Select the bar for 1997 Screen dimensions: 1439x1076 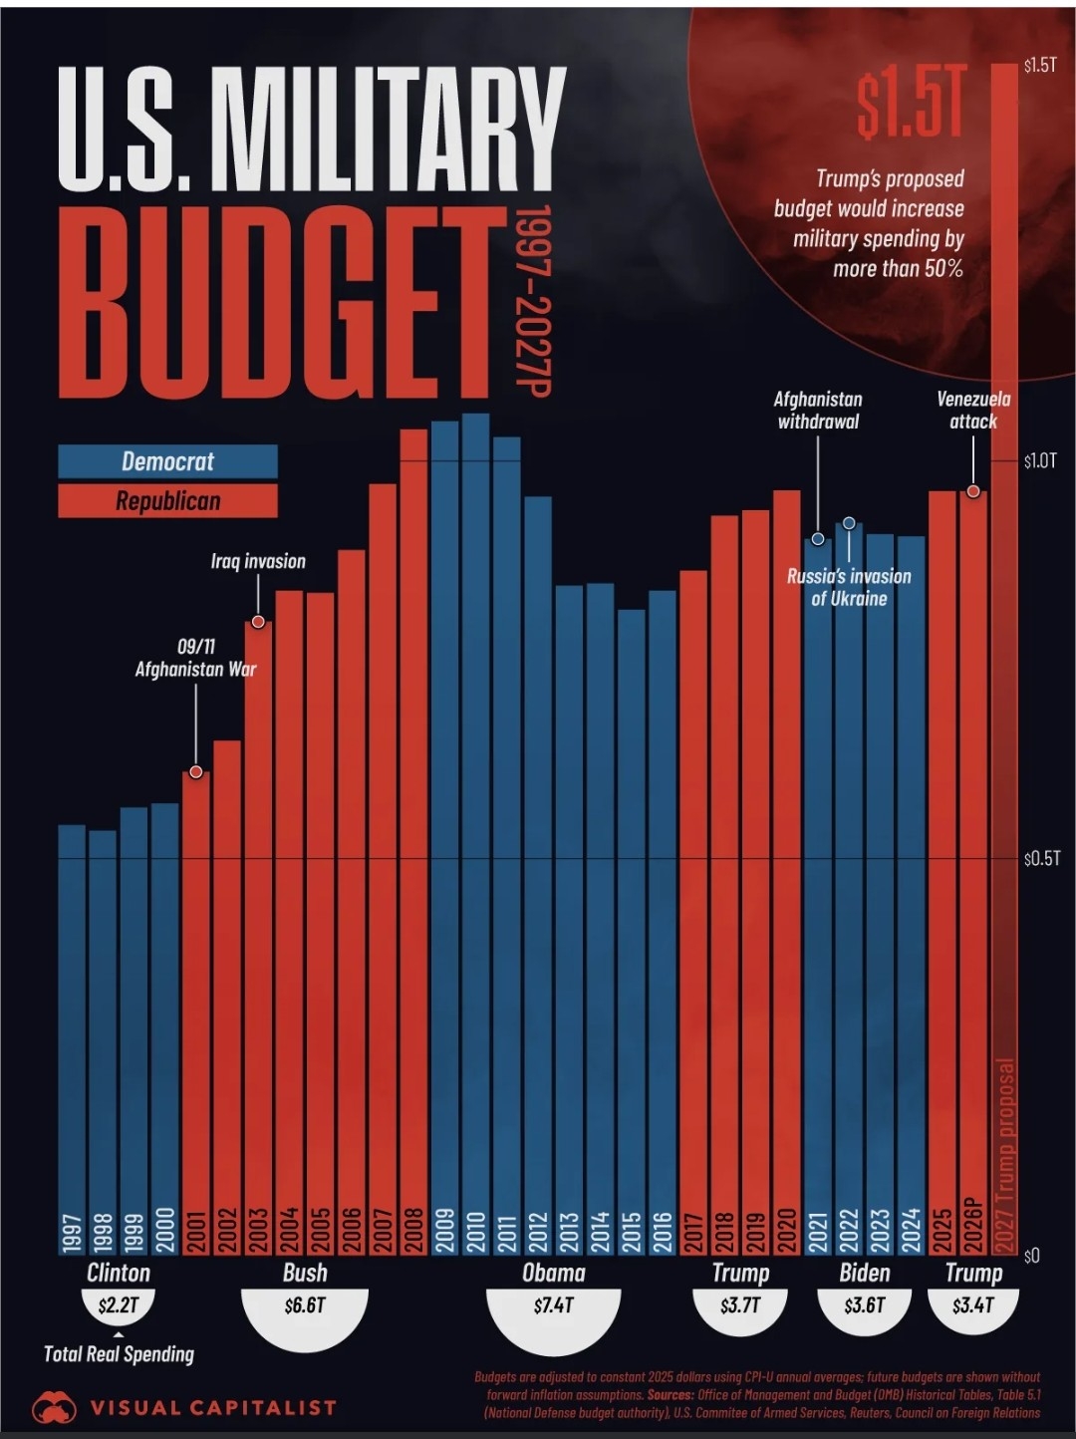click(x=72, y=1036)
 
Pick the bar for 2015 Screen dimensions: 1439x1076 click(x=631, y=927)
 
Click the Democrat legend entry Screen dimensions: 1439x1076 click(x=167, y=461)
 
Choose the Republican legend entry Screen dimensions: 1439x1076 click(x=167, y=500)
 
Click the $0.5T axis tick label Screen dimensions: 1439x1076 click(x=1041, y=858)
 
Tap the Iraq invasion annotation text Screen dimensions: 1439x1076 click(x=258, y=562)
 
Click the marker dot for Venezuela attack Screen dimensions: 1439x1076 click(x=973, y=491)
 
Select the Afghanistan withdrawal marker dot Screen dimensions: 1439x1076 click(x=818, y=539)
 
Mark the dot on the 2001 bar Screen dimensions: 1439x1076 click(x=196, y=772)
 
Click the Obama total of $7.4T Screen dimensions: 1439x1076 click(x=553, y=1305)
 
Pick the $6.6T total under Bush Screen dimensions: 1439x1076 click(x=305, y=1305)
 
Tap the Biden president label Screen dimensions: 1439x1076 click(x=864, y=1273)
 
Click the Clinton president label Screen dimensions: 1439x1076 click(x=119, y=1273)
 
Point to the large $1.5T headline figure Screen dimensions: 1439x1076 click(x=912, y=104)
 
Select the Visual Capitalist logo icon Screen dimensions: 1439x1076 click(x=54, y=1408)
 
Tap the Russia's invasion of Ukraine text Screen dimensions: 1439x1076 click(x=849, y=587)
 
